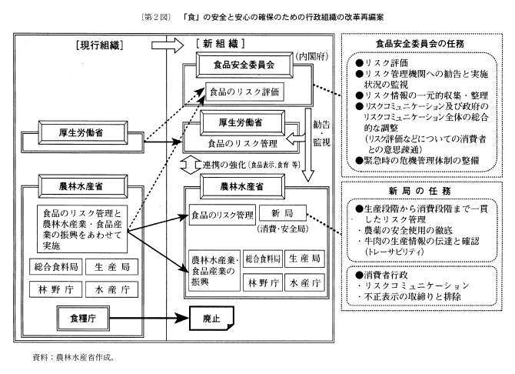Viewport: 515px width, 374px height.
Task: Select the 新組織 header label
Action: click(x=224, y=45)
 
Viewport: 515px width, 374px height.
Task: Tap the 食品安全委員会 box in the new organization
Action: click(x=241, y=66)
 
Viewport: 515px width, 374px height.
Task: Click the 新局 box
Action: click(x=281, y=212)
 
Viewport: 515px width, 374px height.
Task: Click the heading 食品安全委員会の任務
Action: click(x=418, y=45)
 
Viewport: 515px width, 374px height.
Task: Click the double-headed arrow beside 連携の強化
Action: click(x=191, y=165)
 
